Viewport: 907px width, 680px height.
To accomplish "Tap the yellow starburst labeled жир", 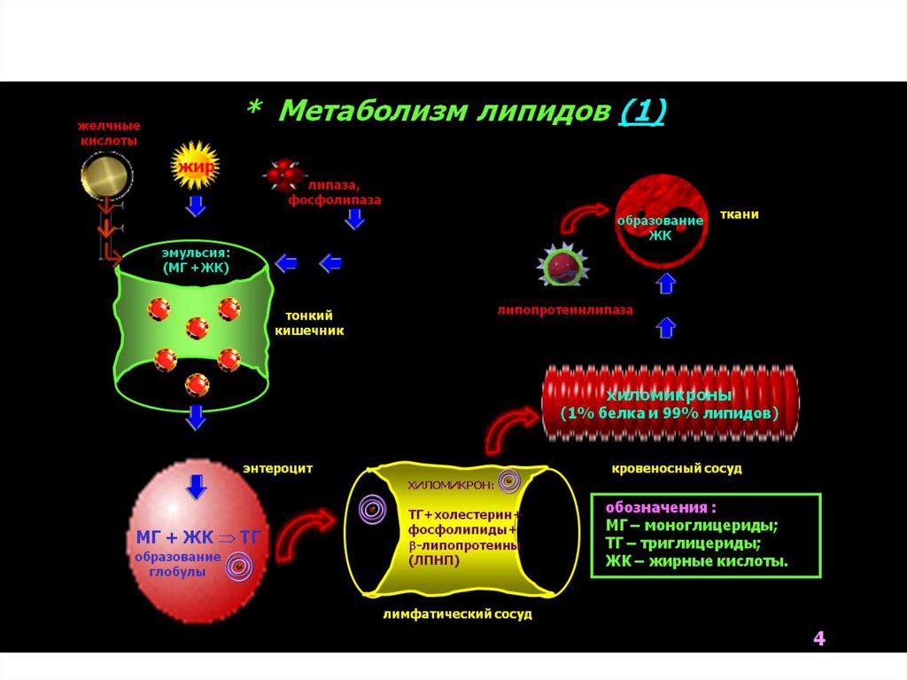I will [x=193, y=167].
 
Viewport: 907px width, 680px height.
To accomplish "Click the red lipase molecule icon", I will [x=283, y=176].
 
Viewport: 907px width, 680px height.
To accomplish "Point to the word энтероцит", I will [x=277, y=467].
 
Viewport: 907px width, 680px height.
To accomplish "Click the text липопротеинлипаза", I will [x=566, y=310].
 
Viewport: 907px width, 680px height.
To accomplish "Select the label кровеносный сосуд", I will [x=676, y=467].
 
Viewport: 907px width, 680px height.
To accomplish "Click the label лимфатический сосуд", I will [x=457, y=614].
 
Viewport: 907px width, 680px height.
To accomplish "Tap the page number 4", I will [x=818, y=639].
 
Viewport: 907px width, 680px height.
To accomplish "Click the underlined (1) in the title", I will [x=644, y=112].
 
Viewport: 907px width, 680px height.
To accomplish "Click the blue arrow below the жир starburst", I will [x=196, y=207].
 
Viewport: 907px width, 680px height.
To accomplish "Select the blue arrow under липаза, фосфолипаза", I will [x=354, y=218].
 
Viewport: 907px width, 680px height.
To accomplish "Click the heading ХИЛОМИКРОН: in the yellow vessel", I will [x=451, y=485].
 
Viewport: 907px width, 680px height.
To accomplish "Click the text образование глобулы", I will [x=177, y=564].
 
